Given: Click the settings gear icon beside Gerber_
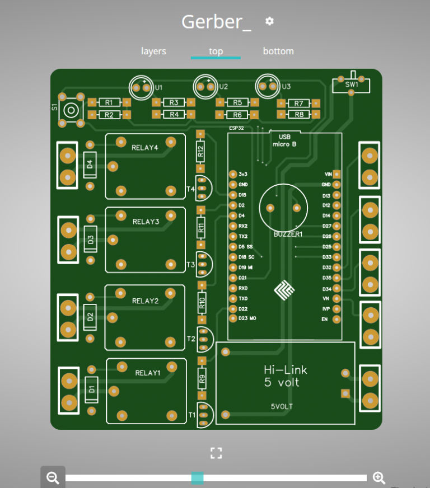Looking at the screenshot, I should click(269, 21).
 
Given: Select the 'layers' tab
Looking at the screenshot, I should click(153, 51).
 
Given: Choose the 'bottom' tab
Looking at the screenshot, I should click(278, 51).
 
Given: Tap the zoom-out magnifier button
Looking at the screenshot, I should click(53, 478).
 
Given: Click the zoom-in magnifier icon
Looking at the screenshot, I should click(379, 478).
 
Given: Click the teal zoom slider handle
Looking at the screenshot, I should click(197, 478).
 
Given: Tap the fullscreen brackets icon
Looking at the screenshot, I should click(216, 453).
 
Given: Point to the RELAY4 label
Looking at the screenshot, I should click(145, 148).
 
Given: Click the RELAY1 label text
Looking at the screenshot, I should click(148, 373).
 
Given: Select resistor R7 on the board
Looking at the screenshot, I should click(299, 104).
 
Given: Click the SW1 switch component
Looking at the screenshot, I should click(351, 85).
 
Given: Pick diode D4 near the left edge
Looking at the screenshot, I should click(90, 165).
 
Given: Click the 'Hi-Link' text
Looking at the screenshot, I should click(285, 370).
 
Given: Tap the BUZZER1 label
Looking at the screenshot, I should click(288, 234).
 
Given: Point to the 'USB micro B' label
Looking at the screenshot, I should click(284, 140).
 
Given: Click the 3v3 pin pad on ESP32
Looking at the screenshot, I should click(233, 174).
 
